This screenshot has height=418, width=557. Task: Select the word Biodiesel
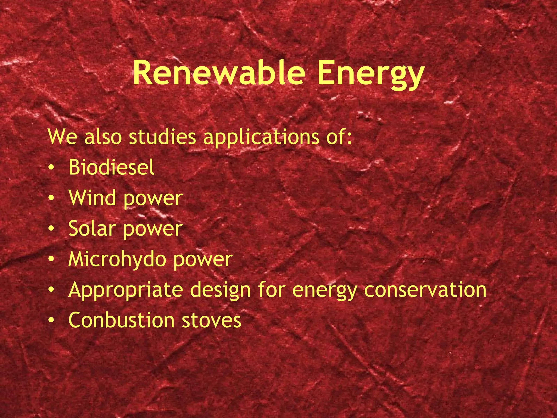point(111,167)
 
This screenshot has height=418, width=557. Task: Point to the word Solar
point(92,228)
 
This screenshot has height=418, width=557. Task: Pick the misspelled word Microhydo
point(117,259)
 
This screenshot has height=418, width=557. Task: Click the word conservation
point(425,290)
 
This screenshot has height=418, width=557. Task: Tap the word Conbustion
point(121,320)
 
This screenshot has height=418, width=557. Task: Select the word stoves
point(211,321)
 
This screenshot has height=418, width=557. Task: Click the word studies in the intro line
point(162,137)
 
